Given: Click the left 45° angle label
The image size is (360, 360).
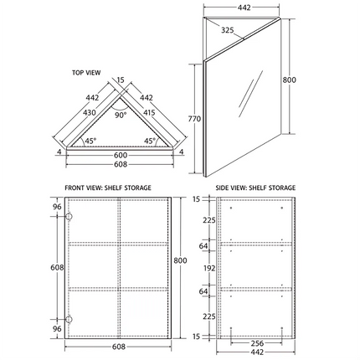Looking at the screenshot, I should coord(90,141).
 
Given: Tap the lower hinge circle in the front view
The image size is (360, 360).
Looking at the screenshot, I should coord(69,317).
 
